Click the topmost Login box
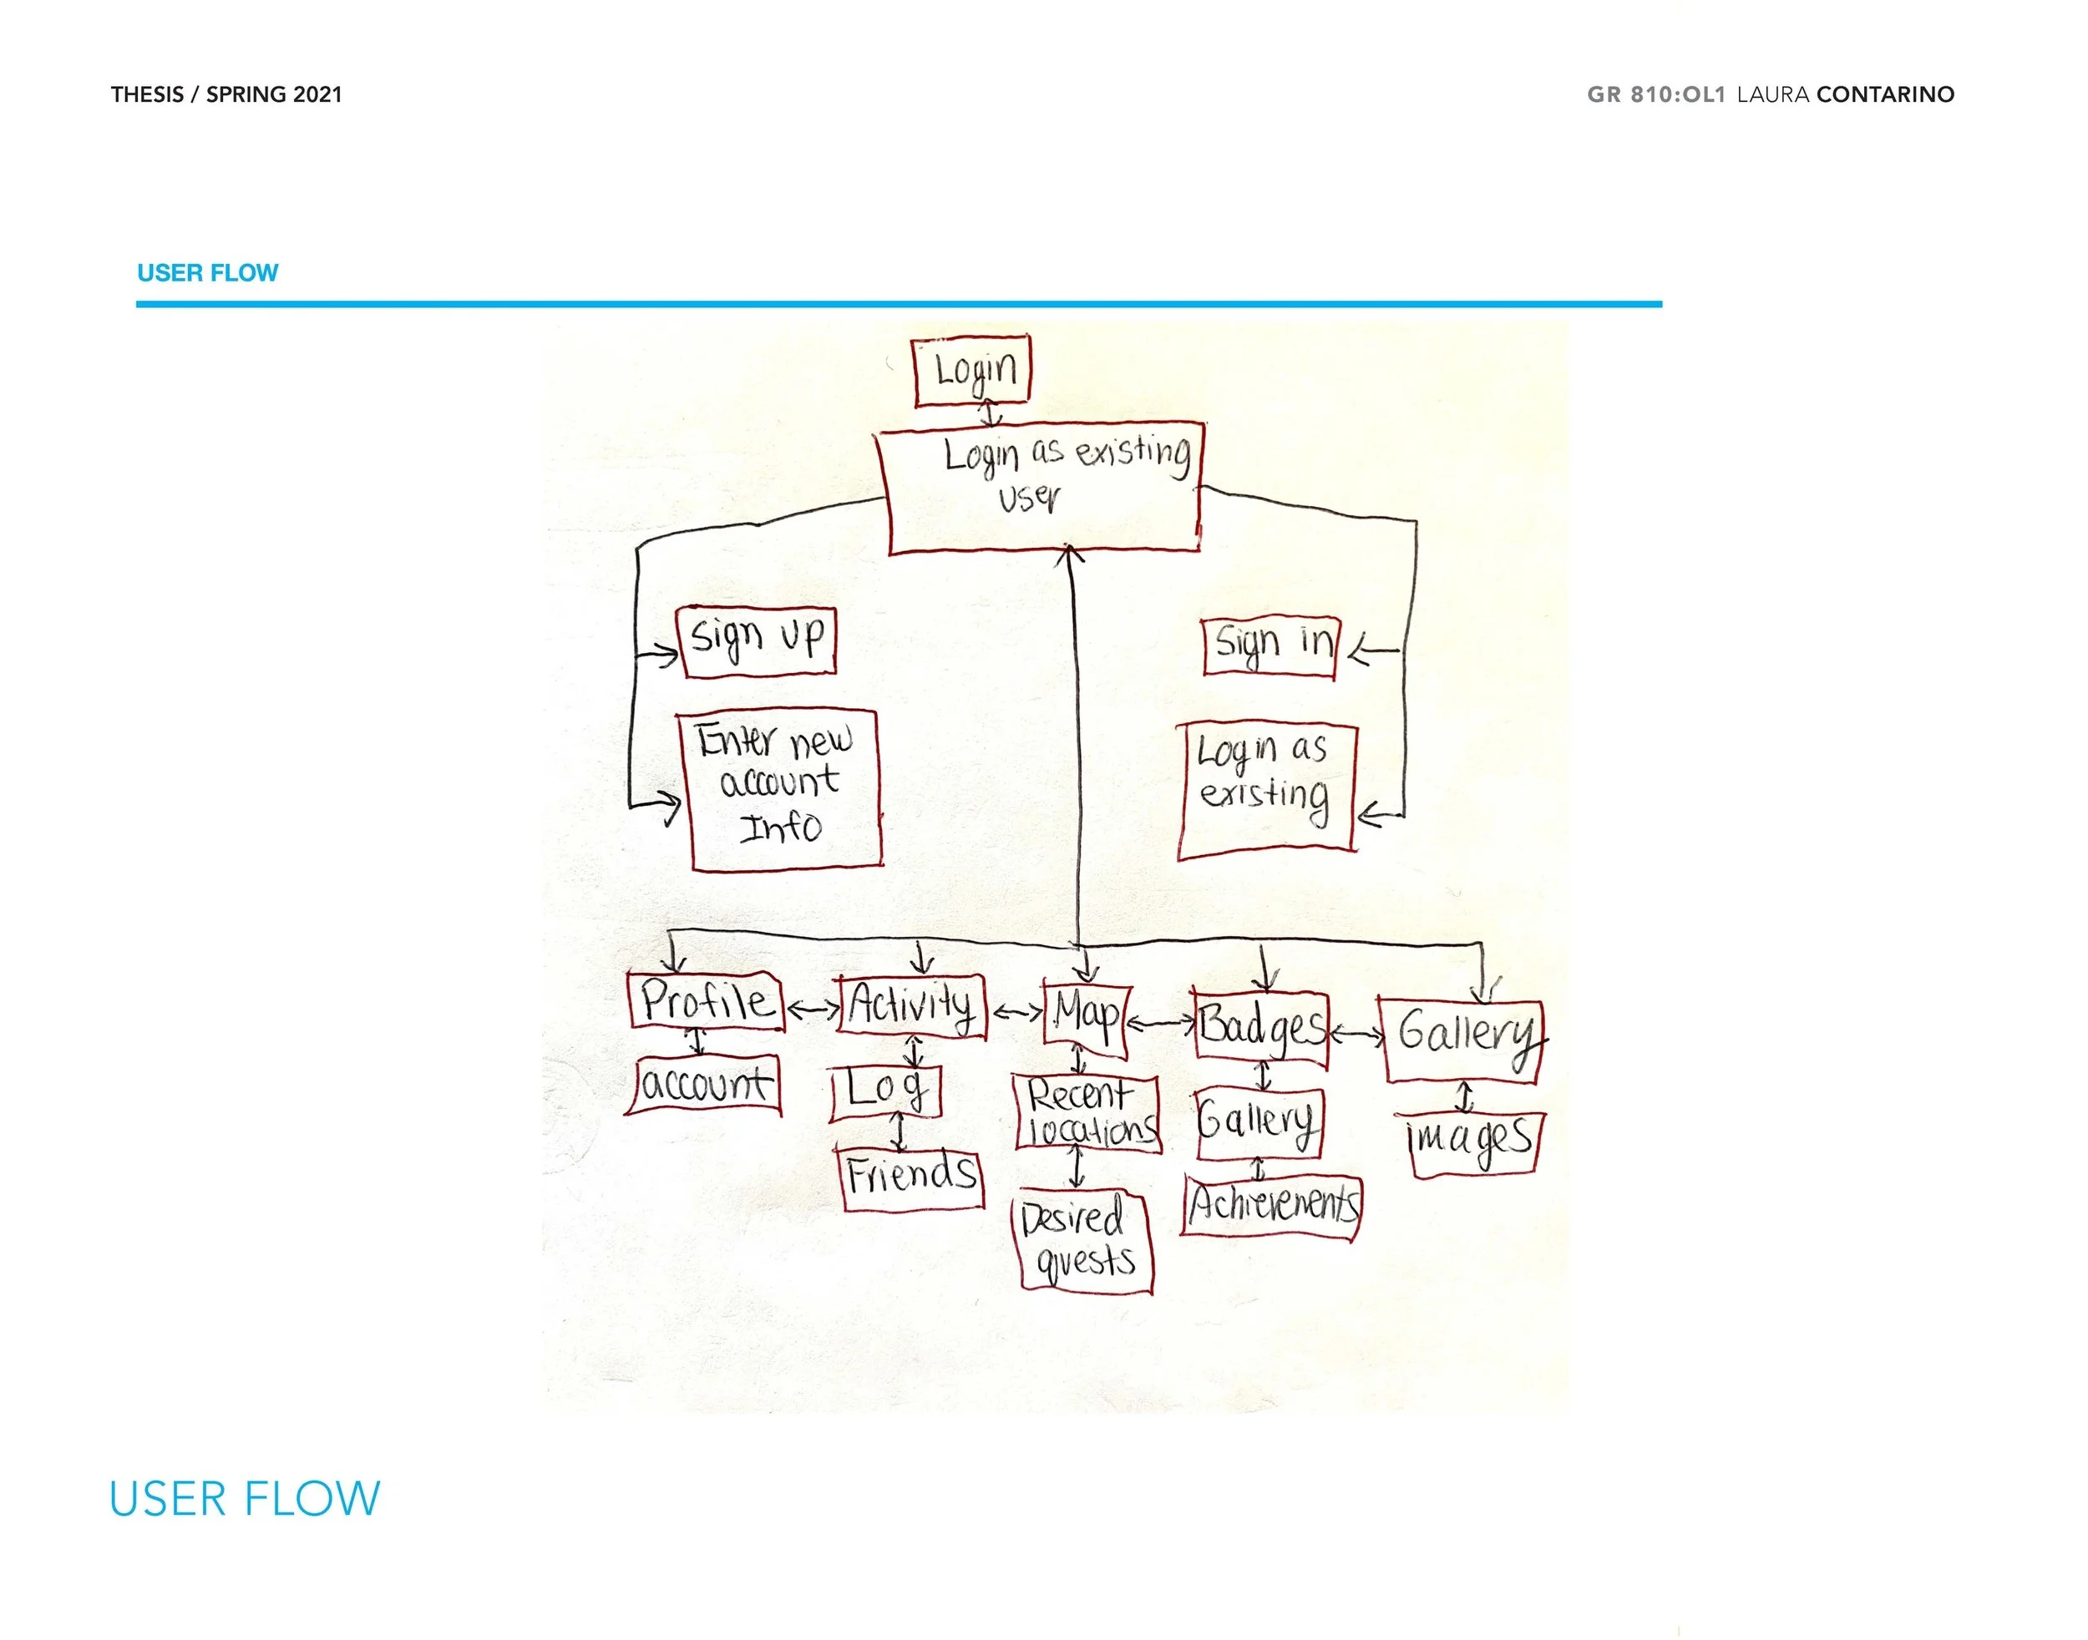click(x=971, y=370)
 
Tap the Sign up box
click(x=758, y=641)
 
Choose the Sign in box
click(x=1270, y=646)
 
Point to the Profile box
click(x=706, y=1002)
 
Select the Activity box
click(x=911, y=1006)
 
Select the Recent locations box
click(x=1088, y=1112)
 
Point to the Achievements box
click(x=1272, y=1206)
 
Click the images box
click(x=1472, y=1142)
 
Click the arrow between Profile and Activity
click(x=813, y=1010)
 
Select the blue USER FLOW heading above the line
click(x=207, y=273)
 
